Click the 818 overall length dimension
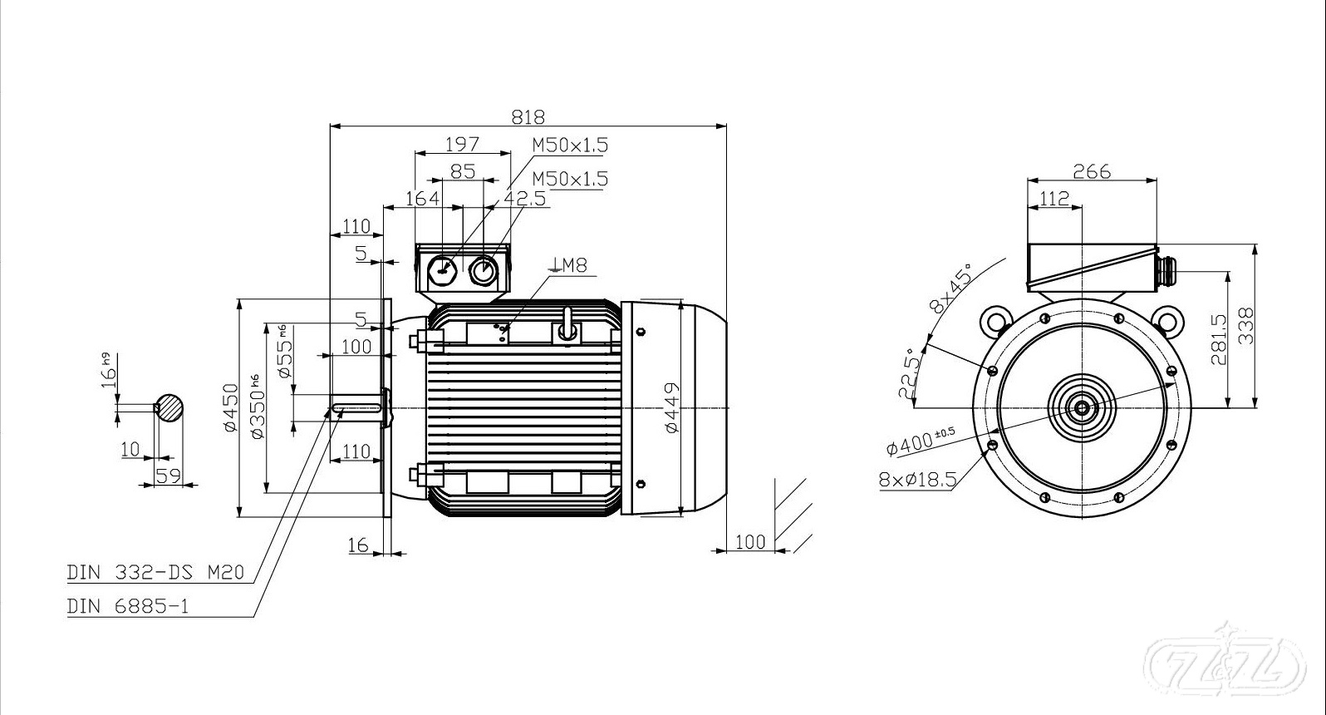pos(528,116)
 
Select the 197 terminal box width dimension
pos(462,144)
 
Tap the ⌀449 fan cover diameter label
pos(672,408)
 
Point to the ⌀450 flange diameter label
pos(231,408)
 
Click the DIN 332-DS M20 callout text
pos(155,572)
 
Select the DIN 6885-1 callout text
pos(128,607)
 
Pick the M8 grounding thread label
pos(568,264)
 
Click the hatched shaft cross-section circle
pos(169,407)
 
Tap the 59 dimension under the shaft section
pos(168,476)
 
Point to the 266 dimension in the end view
pos(1092,172)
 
